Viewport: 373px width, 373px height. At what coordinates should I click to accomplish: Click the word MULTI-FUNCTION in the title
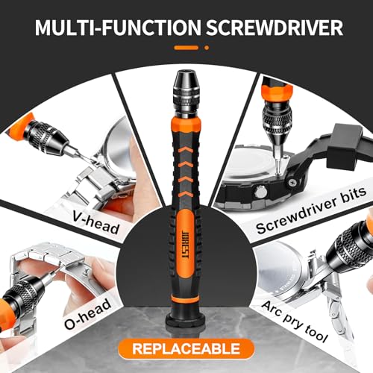click(118, 27)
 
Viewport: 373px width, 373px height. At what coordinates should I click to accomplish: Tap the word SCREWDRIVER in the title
click(275, 27)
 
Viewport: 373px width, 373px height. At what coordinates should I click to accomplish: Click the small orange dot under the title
click(207, 48)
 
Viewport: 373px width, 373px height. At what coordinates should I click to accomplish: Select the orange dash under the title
click(186, 48)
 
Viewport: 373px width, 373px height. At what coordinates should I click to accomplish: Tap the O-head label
click(87, 314)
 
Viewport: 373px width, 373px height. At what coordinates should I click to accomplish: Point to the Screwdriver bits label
click(311, 211)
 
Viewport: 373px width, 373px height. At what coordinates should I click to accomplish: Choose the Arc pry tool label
click(295, 321)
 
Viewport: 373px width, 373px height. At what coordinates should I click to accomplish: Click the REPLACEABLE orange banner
click(186, 348)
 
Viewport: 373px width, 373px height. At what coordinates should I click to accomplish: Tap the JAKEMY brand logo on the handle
click(186, 245)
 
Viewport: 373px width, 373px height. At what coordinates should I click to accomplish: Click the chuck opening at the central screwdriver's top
click(186, 73)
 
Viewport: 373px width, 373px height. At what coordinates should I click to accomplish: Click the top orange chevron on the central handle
click(186, 150)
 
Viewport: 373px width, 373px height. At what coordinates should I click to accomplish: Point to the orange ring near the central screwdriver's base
click(186, 298)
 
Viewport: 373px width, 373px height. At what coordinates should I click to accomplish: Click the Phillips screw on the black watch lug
click(292, 183)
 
